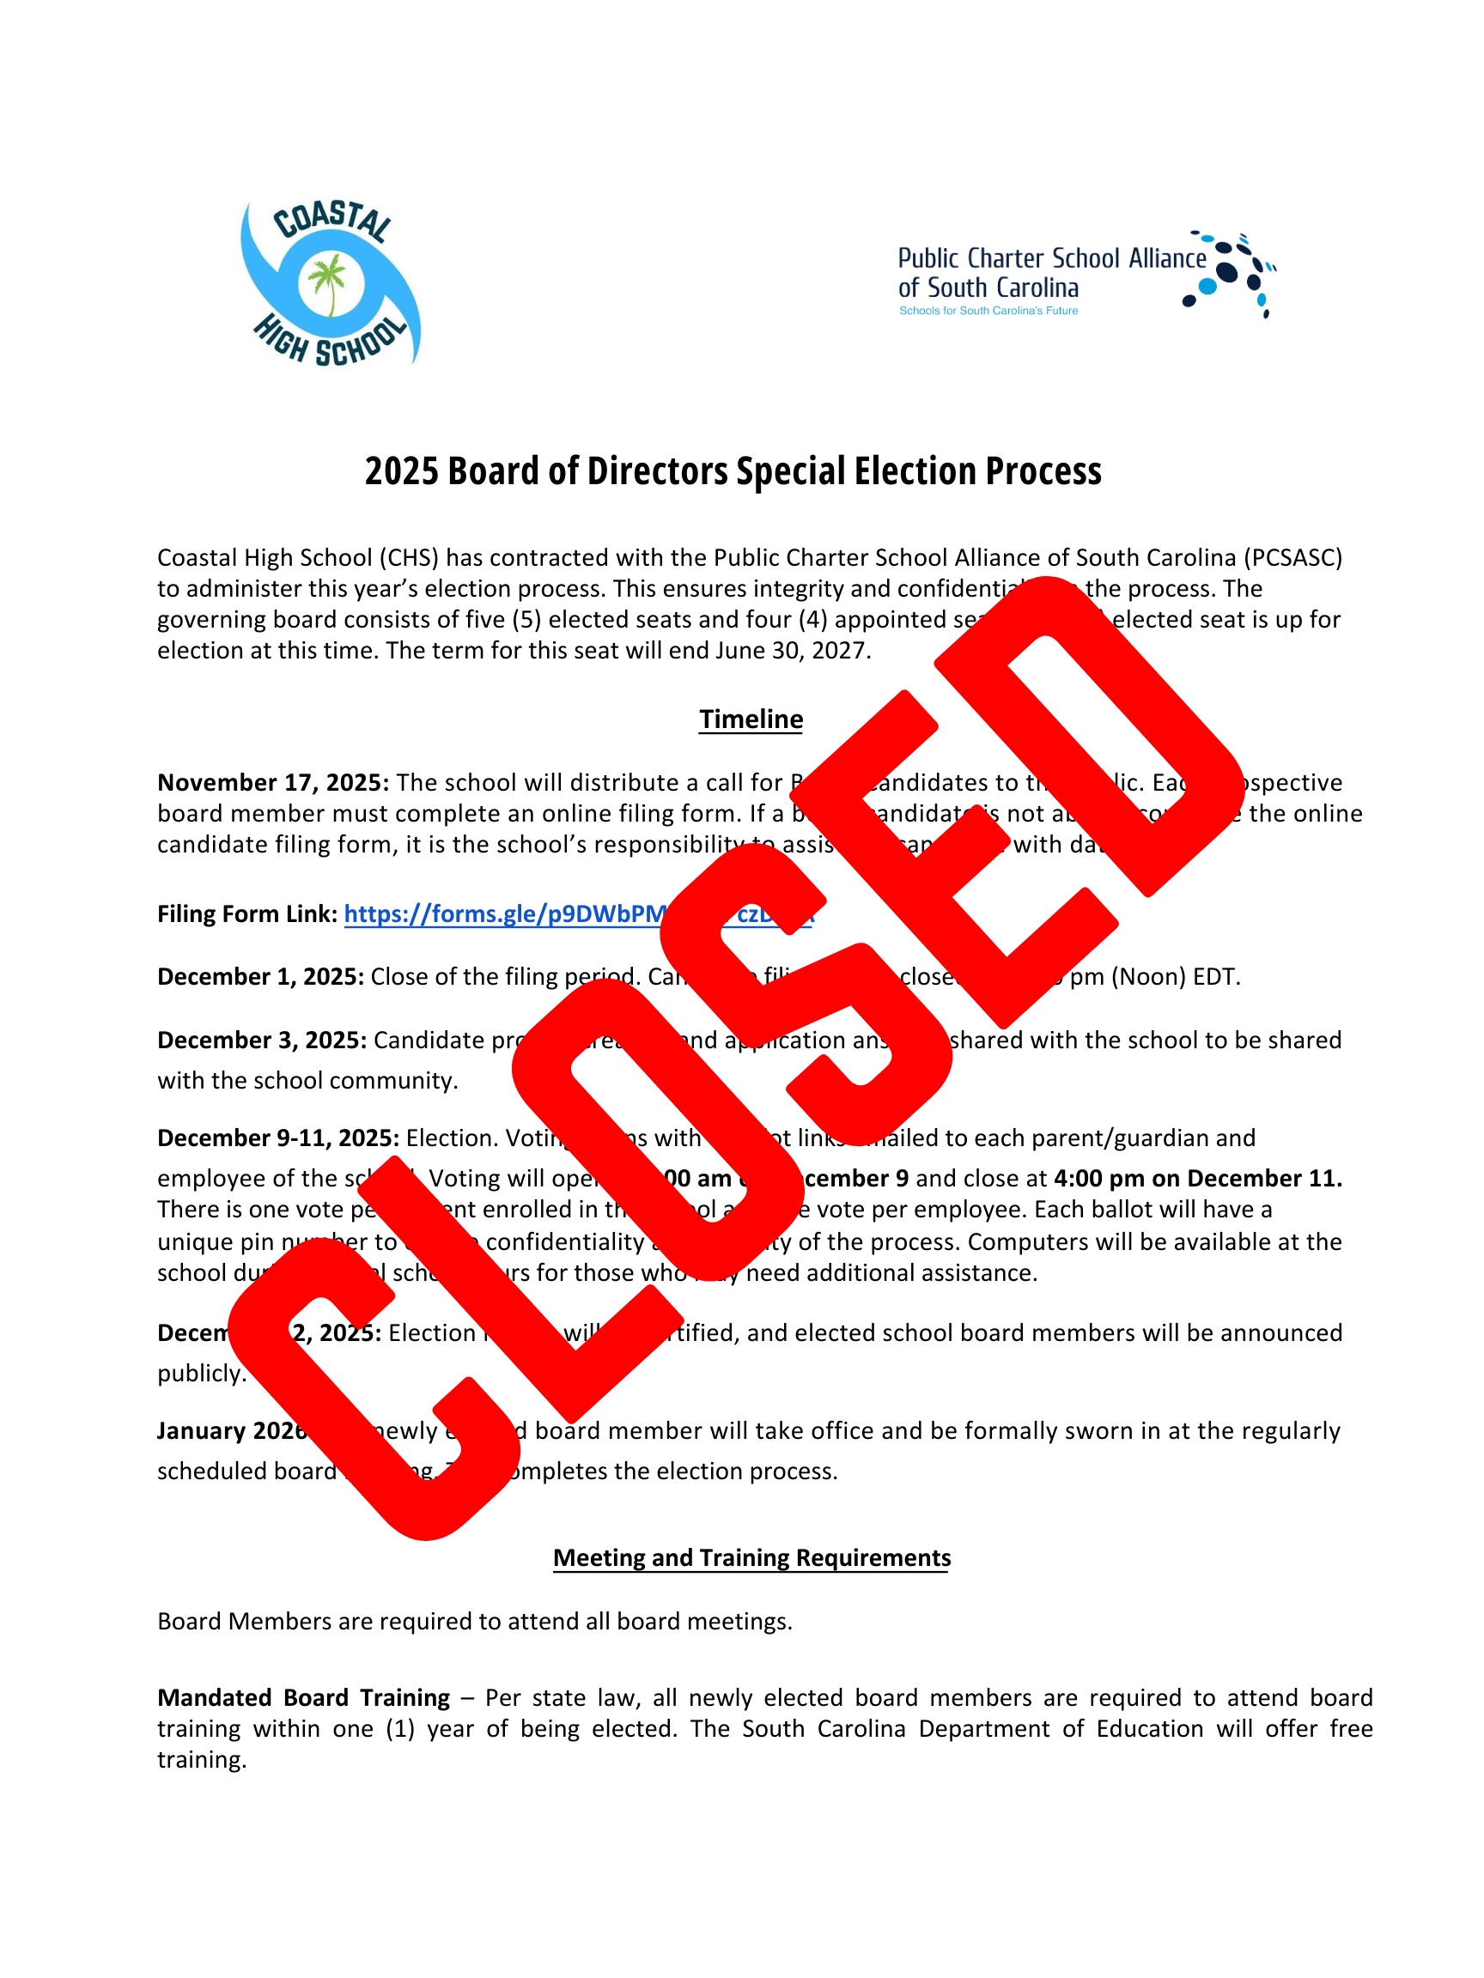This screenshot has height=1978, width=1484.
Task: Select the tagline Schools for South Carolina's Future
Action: [988, 311]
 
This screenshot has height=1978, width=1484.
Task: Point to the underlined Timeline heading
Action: [751, 719]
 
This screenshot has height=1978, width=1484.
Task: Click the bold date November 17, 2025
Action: [273, 783]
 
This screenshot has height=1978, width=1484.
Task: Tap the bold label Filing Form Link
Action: [246, 914]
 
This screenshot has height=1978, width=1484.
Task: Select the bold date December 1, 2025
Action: [260, 976]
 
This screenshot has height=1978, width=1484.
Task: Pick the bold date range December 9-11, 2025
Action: [277, 1138]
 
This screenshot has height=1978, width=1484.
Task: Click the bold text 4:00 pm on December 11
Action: [1198, 1179]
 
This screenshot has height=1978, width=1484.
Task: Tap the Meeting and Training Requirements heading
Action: [751, 1557]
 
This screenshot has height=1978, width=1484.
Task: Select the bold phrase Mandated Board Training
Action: [303, 1697]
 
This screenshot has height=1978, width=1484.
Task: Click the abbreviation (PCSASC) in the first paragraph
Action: [1292, 558]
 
